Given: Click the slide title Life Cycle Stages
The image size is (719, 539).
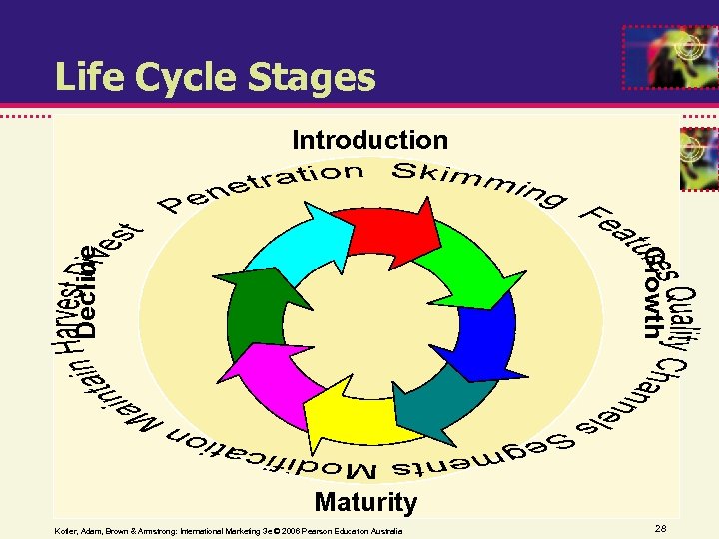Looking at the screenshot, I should [215, 77].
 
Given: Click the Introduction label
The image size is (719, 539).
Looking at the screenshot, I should [369, 141].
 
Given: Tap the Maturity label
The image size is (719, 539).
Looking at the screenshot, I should [365, 501].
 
